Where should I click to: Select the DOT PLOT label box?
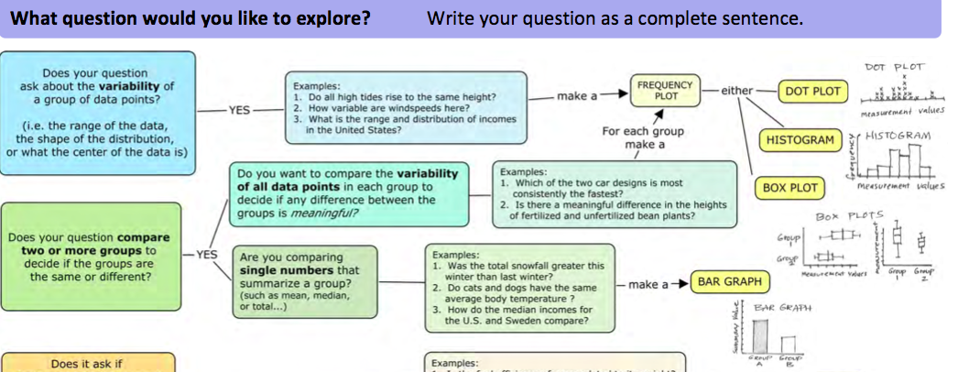tap(812, 92)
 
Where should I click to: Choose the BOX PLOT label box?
tap(789, 187)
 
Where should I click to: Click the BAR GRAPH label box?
tap(729, 282)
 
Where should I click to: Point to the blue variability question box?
tap(96, 113)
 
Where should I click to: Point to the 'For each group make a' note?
tap(643, 137)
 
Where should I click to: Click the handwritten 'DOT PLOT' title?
tap(894, 67)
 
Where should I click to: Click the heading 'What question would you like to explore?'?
tap(191, 18)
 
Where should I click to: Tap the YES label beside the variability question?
tap(239, 110)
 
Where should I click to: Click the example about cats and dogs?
tap(518, 292)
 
